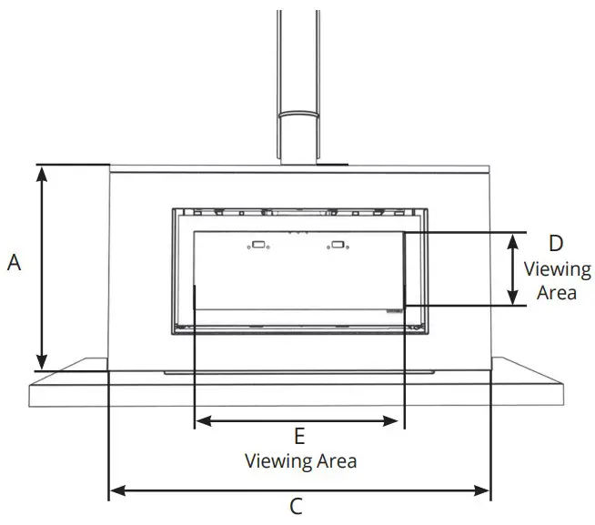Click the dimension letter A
[14, 263]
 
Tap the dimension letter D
[556, 243]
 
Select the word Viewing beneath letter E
[278, 461]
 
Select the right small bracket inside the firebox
[338, 244]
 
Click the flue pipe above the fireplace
[298, 55]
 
